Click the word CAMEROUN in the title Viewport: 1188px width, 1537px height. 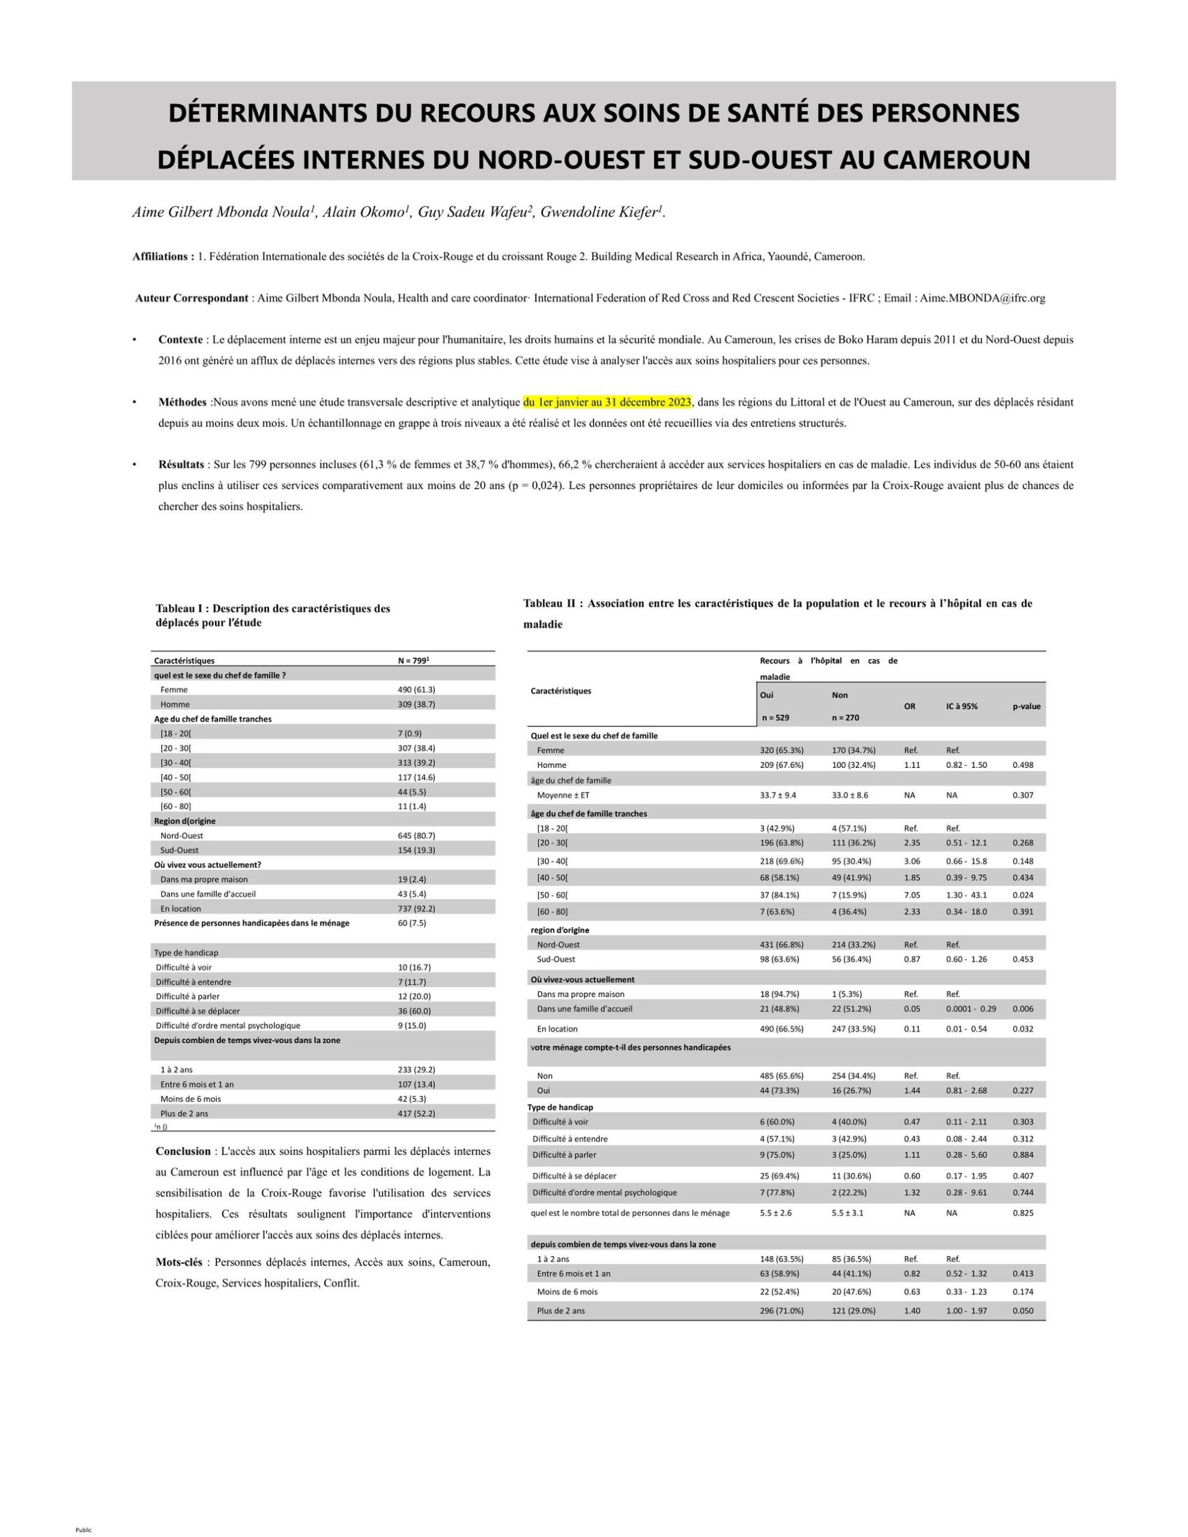coord(956,160)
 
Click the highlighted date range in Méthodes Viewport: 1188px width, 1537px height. coord(607,402)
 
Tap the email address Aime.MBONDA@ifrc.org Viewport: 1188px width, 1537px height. coord(983,298)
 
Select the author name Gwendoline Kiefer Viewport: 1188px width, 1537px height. coord(601,212)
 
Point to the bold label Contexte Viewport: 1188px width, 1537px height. coord(180,339)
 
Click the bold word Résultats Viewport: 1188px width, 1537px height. coord(181,465)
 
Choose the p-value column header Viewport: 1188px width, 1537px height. coord(1026,706)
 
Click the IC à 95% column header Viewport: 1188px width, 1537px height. coord(961,706)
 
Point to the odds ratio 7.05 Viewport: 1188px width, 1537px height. coord(912,895)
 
